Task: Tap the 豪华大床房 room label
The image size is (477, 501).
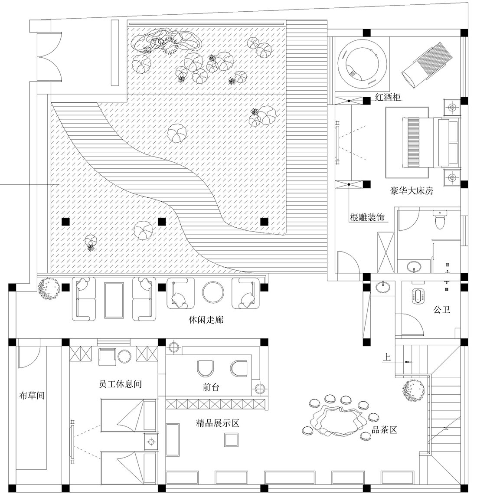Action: [412, 190]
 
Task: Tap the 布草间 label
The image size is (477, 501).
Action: [33, 396]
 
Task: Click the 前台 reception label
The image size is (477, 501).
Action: [211, 387]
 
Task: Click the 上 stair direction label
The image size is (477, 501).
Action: [387, 358]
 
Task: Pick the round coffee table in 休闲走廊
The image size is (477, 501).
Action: [213, 293]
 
